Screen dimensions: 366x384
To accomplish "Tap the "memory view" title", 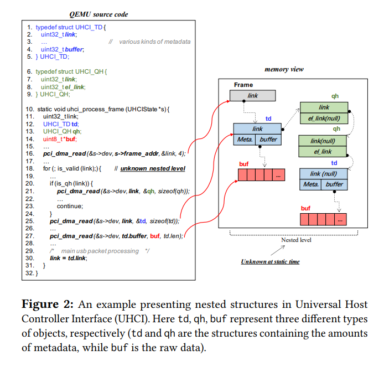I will (x=284, y=70).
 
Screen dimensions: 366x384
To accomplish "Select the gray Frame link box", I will (x=252, y=96).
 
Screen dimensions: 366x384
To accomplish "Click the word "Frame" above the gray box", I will (x=243, y=85).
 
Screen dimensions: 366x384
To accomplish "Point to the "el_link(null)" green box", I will (x=324, y=117).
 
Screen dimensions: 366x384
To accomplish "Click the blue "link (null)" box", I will (x=324, y=173).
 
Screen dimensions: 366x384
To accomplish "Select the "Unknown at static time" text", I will (x=270, y=261).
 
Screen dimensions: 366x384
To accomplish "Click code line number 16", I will (x=30, y=153).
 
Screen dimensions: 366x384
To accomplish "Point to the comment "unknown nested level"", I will (x=152, y=168).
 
